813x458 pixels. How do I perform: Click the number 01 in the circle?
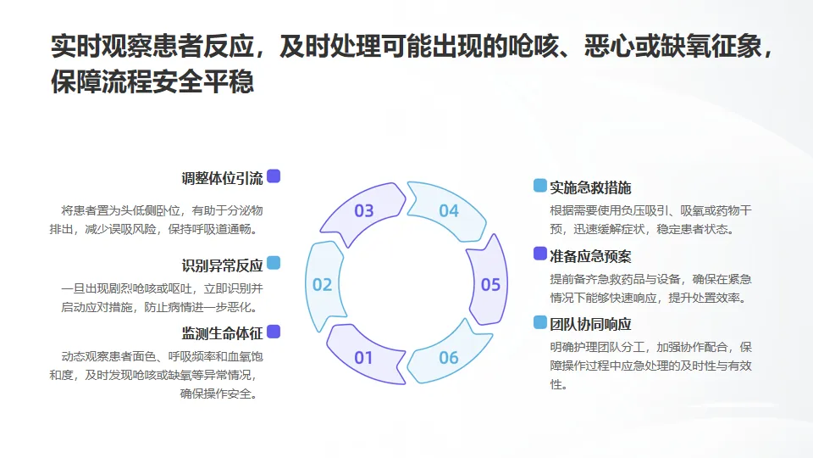363,357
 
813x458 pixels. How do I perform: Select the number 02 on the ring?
322,285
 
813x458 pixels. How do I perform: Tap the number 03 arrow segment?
363,210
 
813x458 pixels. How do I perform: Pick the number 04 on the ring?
448,210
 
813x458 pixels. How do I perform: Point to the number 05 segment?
490,285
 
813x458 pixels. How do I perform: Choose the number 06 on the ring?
448,357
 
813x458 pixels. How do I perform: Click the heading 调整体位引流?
222,178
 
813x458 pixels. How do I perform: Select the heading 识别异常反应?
222,264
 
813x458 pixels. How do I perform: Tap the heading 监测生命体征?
222,332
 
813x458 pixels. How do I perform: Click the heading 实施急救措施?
590,187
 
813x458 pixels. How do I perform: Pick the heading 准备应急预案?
590,255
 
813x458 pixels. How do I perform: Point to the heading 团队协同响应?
590,324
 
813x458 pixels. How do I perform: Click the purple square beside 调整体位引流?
274,176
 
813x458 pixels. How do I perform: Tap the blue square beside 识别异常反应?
274,263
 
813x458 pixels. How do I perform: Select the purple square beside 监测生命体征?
274,332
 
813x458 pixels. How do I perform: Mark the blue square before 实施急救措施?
539,186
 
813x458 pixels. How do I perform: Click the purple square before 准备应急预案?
539,254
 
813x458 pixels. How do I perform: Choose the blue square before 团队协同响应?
539,322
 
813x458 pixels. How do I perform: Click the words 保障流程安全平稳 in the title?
152,82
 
